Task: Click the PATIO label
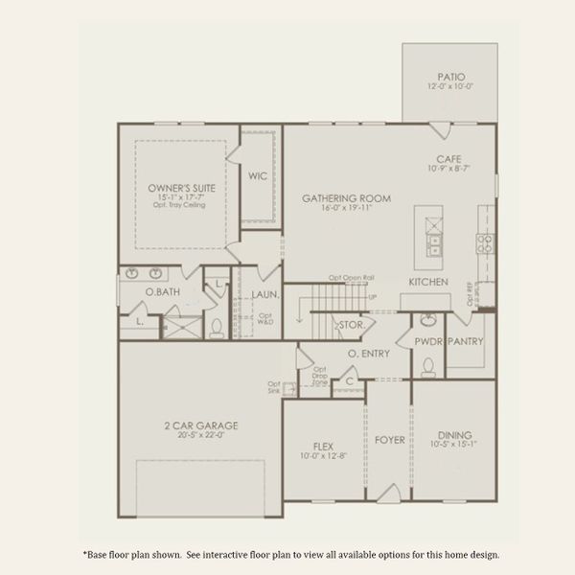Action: click(x=450, y=77)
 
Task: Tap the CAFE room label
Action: click(x=448, y=159)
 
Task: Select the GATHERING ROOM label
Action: click(x=346, y=198)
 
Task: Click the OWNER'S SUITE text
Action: click(x=181, y=188)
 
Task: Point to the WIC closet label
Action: click(x=258, y=176)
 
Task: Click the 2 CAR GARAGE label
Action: click(x=200, y=425)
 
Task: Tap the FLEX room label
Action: click(x=323, y=446)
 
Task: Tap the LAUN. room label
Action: click(x=264, y=294)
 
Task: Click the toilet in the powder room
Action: click(x=428, y=366)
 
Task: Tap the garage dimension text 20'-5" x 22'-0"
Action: click(x=200, y=434)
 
